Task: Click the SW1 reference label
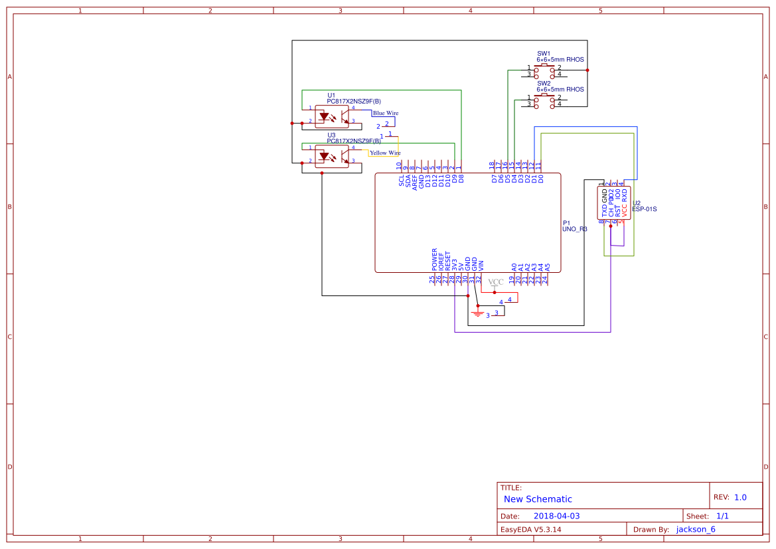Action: coord(544,53)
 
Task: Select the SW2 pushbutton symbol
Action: coord(545,100)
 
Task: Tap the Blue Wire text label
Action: coord(386,114)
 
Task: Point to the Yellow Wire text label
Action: coord(385,153)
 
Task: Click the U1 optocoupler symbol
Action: coord(332,117)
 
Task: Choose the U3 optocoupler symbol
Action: coord(332,156)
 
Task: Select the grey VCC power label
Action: coord(496,282)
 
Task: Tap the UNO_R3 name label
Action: coord(575,229)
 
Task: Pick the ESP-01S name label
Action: coord(645,209)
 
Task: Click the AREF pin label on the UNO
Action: coord(415,183)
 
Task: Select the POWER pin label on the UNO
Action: coord(435,260)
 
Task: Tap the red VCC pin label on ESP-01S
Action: coord(624,208)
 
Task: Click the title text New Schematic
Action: coord(538,499)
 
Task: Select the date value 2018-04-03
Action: coord(556,516)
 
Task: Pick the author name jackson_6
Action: coord(696,529)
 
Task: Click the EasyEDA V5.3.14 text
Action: coord(530,529)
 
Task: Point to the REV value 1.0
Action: coord(740,497)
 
